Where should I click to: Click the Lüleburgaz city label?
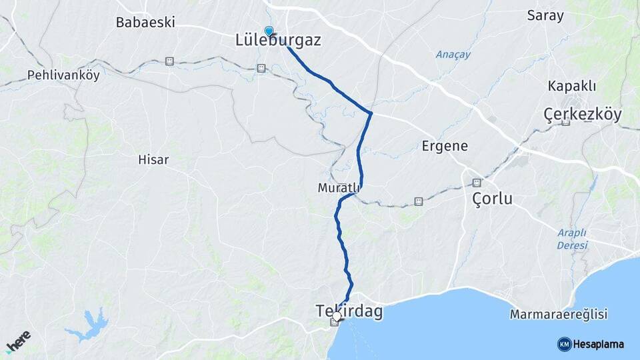coord(278,41)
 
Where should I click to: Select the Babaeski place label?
coord(145,22)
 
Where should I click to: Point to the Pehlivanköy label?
coord(63,75)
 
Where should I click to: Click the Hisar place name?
coord(153,160)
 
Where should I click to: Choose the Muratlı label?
coord(339,189)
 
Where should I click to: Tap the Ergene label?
coord(445,146)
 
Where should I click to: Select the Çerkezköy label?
coord(583,115)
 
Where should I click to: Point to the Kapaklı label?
coord(571,86)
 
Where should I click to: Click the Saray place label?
coord(545,15)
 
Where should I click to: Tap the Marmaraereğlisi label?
coord(558,314)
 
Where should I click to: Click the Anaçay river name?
coord(453,55)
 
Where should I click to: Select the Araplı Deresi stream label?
coord(572,239)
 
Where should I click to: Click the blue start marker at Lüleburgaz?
coord(269,31)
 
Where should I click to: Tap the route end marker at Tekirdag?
coord(337,317)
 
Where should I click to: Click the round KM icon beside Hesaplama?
coord(565,344)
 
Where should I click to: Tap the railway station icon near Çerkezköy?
coord(565,122)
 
